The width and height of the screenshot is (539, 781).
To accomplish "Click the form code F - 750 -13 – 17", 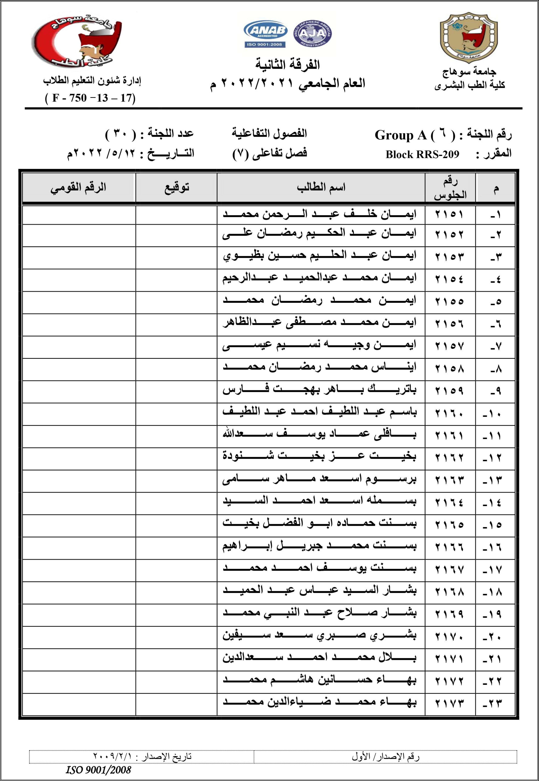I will pyautogui.click(x=90, y=98).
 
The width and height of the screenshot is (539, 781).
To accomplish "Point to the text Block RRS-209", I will pyautogui.click(x=422, y=154).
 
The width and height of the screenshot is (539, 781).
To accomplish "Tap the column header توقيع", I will pyautogui.click(x=177, y=188).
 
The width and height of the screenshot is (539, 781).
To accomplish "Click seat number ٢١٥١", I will pyautogui.click(x=449, y=214).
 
